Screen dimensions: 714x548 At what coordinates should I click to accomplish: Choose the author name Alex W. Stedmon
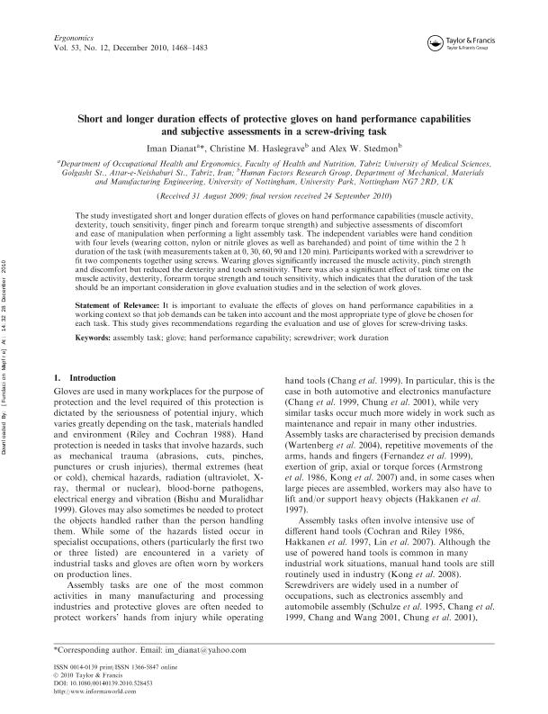370,145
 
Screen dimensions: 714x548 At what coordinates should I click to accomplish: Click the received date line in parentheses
273,195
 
